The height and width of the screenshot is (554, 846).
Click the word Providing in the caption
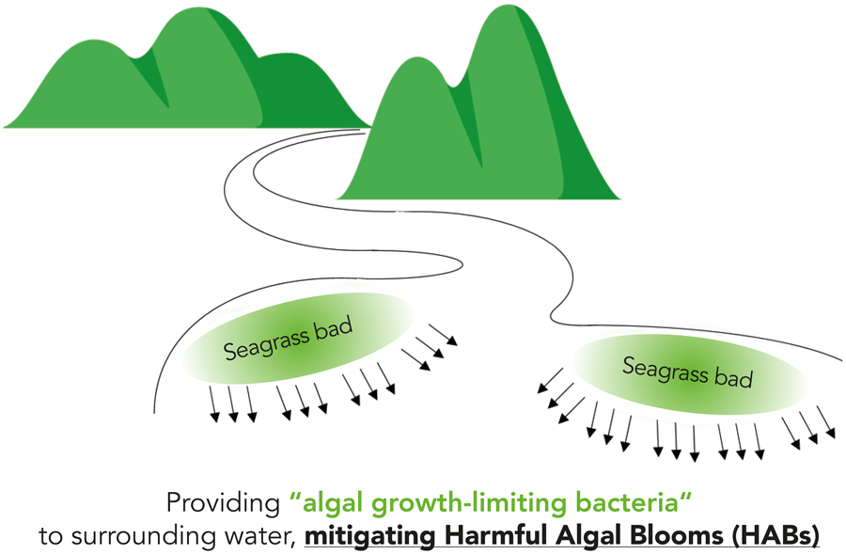(221, 502)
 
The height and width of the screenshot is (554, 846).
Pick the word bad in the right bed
(735, 378)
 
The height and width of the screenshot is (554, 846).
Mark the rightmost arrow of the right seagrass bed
(826, 422)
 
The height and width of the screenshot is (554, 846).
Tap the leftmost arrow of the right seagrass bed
(546, 380)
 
